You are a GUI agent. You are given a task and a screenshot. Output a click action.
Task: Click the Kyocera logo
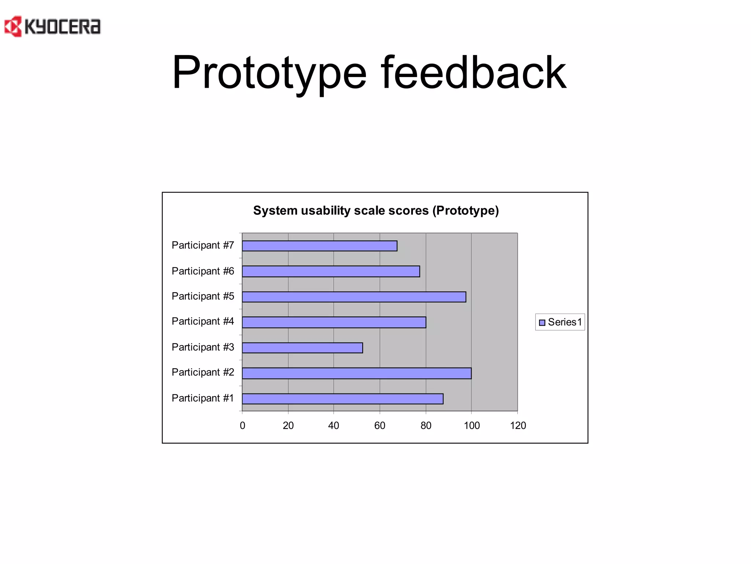point(52,26)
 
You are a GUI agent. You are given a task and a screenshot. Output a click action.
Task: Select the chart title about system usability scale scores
point(376,210)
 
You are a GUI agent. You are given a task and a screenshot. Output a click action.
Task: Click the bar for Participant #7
point(319,246)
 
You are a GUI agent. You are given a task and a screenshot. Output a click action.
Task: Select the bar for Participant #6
point(331,271)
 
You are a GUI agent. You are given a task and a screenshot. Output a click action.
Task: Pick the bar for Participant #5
point(354,297)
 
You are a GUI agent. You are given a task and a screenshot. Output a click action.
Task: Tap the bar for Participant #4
point(334,322)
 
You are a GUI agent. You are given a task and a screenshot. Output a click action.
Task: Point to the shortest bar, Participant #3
point(302,348)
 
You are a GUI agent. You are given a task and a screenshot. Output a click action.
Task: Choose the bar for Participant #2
point(356,373)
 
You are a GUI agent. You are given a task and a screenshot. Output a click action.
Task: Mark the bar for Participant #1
point(342,399)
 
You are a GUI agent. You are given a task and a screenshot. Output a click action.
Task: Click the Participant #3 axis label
point(203,347)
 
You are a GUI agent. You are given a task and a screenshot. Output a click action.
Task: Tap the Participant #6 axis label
point(203,271)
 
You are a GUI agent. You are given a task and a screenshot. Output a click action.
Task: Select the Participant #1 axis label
point(203,398)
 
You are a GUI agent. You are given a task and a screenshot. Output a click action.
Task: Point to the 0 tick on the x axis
point(242,426)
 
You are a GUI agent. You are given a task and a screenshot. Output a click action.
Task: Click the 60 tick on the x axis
point(380,426)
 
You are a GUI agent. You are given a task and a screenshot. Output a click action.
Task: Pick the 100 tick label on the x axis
point(472,426)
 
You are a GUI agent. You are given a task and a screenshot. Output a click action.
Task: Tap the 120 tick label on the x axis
point(518,426)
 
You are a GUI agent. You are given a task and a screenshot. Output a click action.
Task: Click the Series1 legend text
point(565,322)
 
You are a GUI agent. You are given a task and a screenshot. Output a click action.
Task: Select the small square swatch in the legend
point(542,323)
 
